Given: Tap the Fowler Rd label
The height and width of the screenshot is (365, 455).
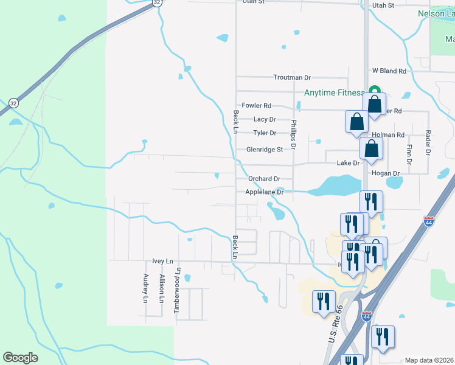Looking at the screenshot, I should click(256, 105).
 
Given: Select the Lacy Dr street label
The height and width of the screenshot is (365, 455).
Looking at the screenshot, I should click(265, 119).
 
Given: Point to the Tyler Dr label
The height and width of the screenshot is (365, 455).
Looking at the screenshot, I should click(265, 133).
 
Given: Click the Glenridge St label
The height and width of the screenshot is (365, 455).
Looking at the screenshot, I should click(265, 149).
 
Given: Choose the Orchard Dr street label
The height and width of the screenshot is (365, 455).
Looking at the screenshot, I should click(264, 179).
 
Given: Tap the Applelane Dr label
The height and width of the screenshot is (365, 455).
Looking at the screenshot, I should click(265, 192).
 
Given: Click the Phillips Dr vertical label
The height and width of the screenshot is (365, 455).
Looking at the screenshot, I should click(293, 134).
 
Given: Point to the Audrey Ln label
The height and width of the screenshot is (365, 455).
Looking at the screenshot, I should click(145, 288).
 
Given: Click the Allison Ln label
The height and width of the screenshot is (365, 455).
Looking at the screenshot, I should click(162, 288).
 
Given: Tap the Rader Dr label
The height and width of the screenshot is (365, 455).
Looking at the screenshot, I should click(428, 143).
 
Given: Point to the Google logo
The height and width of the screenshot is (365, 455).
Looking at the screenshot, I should click(20, 358).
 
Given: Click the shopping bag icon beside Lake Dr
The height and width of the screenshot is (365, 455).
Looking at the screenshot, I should click(371, 148).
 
